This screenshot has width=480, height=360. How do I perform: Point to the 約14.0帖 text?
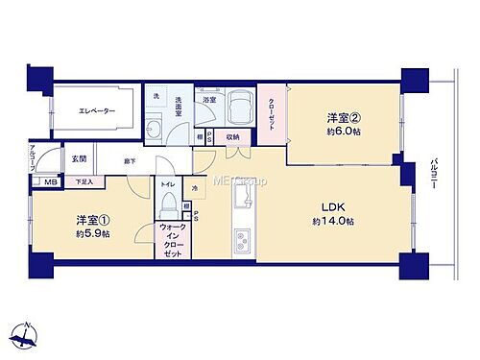(333, 222)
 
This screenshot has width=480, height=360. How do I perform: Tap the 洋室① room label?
(91, 218)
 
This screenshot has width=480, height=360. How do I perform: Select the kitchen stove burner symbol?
(242, 236)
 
